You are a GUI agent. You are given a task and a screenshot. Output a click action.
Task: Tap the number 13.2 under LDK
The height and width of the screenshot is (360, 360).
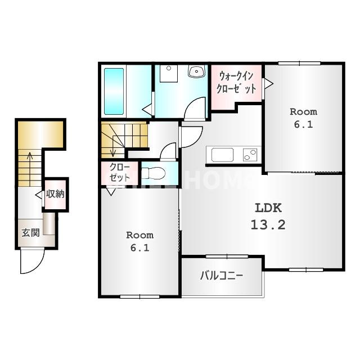268,225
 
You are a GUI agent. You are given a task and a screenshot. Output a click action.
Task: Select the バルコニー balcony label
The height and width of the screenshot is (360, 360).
222,276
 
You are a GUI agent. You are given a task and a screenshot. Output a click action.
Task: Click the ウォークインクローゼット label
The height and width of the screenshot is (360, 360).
237,82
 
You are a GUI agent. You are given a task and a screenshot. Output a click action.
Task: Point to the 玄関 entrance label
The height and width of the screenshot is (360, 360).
30,232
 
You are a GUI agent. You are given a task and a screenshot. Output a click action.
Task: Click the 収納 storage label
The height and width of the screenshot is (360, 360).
55,195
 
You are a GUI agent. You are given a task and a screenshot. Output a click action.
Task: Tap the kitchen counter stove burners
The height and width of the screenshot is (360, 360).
250,154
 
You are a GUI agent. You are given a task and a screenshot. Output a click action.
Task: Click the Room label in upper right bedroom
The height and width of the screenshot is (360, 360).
303,111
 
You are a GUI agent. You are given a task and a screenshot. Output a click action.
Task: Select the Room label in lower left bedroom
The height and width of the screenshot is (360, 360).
139,235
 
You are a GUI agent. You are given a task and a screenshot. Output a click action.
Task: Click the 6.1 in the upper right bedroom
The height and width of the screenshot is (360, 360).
303,125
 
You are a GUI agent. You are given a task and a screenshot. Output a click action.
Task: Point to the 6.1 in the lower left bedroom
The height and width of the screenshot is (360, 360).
139,247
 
